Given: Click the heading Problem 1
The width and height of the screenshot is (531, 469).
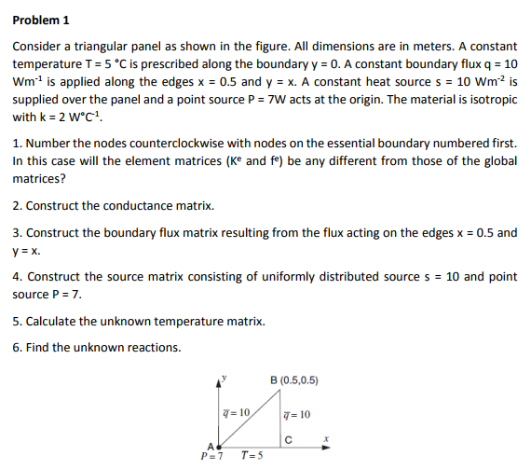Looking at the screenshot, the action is [x=41, y=21].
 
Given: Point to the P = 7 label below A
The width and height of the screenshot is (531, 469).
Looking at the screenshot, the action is [x=211, y=456].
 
